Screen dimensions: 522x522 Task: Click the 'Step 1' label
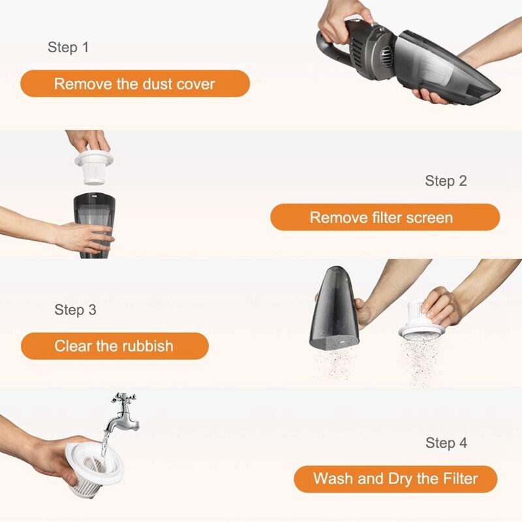69,47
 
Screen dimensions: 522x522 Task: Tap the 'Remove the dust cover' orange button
135,84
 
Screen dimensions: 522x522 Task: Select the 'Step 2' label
446,181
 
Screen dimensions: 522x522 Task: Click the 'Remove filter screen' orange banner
385,217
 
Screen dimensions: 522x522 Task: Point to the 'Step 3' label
75,309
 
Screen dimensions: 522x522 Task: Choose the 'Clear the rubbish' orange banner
115,346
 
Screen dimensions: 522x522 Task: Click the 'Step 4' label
446,443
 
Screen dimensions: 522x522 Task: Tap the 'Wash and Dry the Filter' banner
395,479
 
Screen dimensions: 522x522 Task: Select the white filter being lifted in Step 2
94,167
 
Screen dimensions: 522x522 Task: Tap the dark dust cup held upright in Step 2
94,225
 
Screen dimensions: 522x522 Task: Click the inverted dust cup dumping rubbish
334,307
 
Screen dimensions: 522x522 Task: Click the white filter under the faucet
93,469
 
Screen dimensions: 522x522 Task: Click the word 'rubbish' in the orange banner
147,346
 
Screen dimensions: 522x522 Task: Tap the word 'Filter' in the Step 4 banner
461,479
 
